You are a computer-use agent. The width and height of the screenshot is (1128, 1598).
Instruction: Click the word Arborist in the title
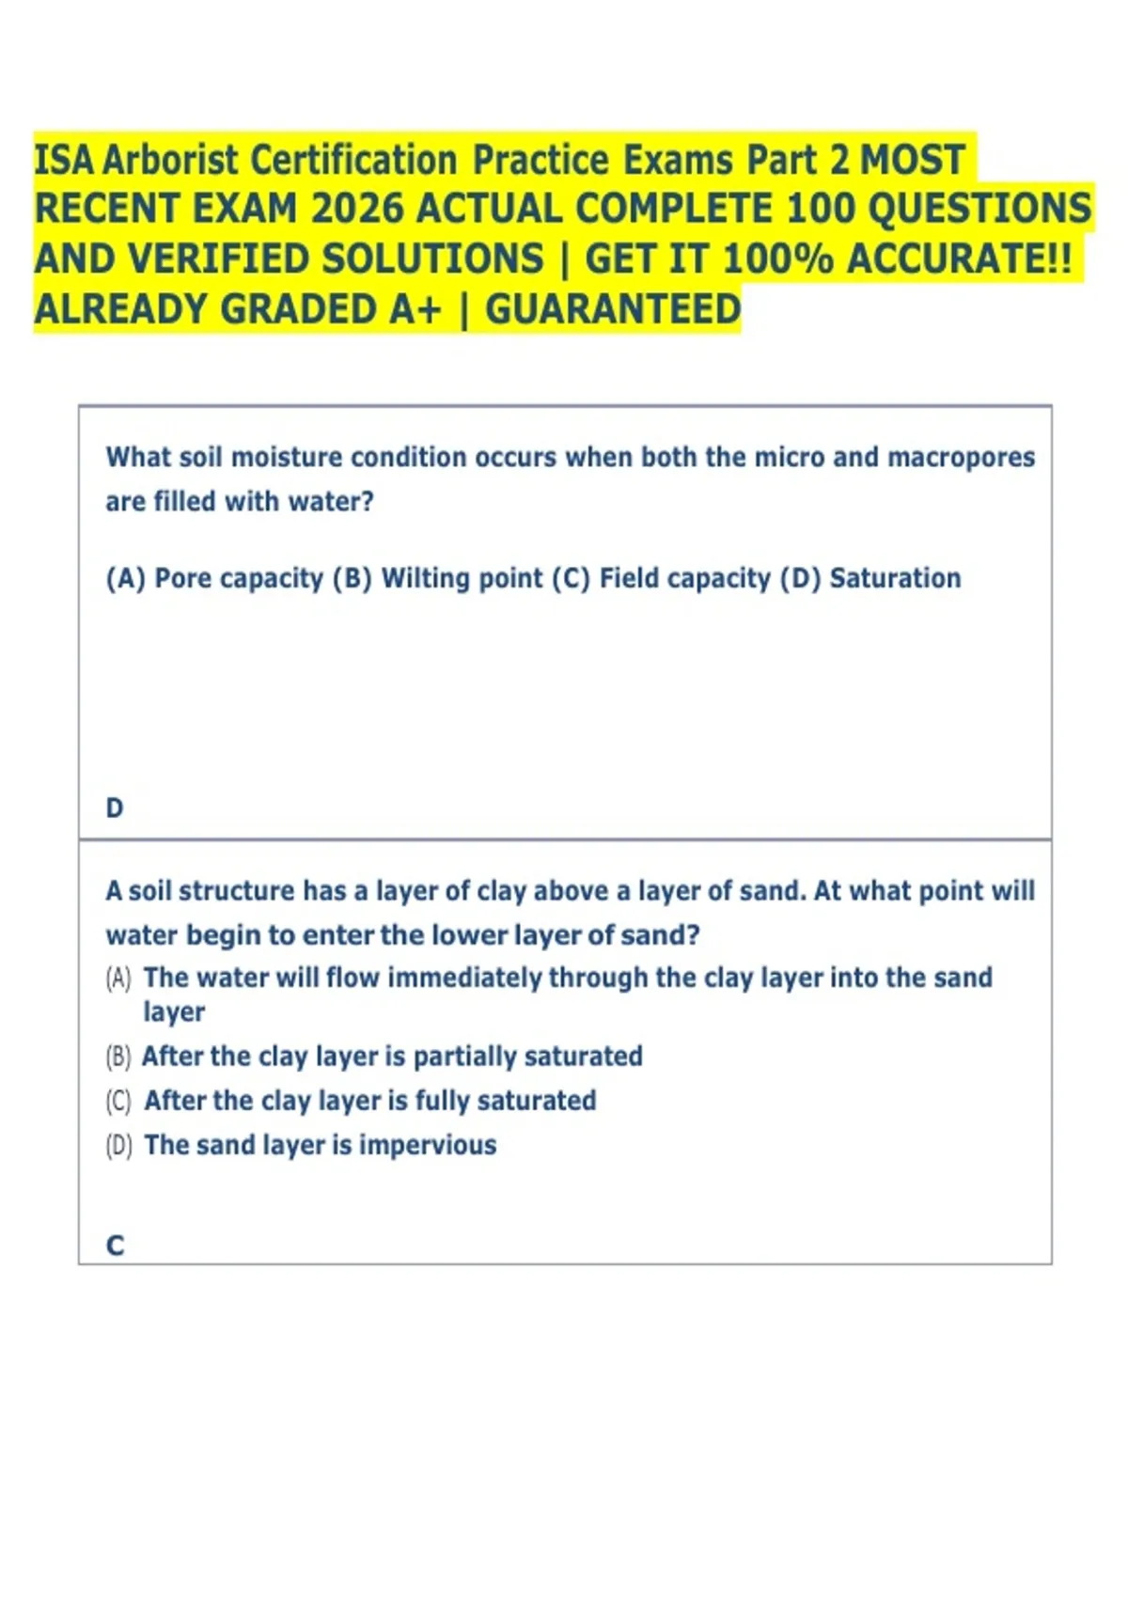pos(169,160)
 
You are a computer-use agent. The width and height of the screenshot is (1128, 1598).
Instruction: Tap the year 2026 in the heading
pos(357,209)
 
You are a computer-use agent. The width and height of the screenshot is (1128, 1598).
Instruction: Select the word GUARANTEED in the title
pos(613,309)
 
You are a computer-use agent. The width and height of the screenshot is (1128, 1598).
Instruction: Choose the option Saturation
pos(895,578)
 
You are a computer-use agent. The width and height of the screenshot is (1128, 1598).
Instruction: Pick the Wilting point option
pos(462,578)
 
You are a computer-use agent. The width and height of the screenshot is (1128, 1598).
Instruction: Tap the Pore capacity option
pos(238,578)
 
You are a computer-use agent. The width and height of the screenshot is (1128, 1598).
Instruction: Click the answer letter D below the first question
pos(115,807)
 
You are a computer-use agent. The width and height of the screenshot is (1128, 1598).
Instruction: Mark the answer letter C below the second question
pos(115,1245)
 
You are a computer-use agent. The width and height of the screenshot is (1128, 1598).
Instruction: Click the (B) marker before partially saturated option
pos(118,1057)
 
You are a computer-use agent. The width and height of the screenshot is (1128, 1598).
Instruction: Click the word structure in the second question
pos(236,890)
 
